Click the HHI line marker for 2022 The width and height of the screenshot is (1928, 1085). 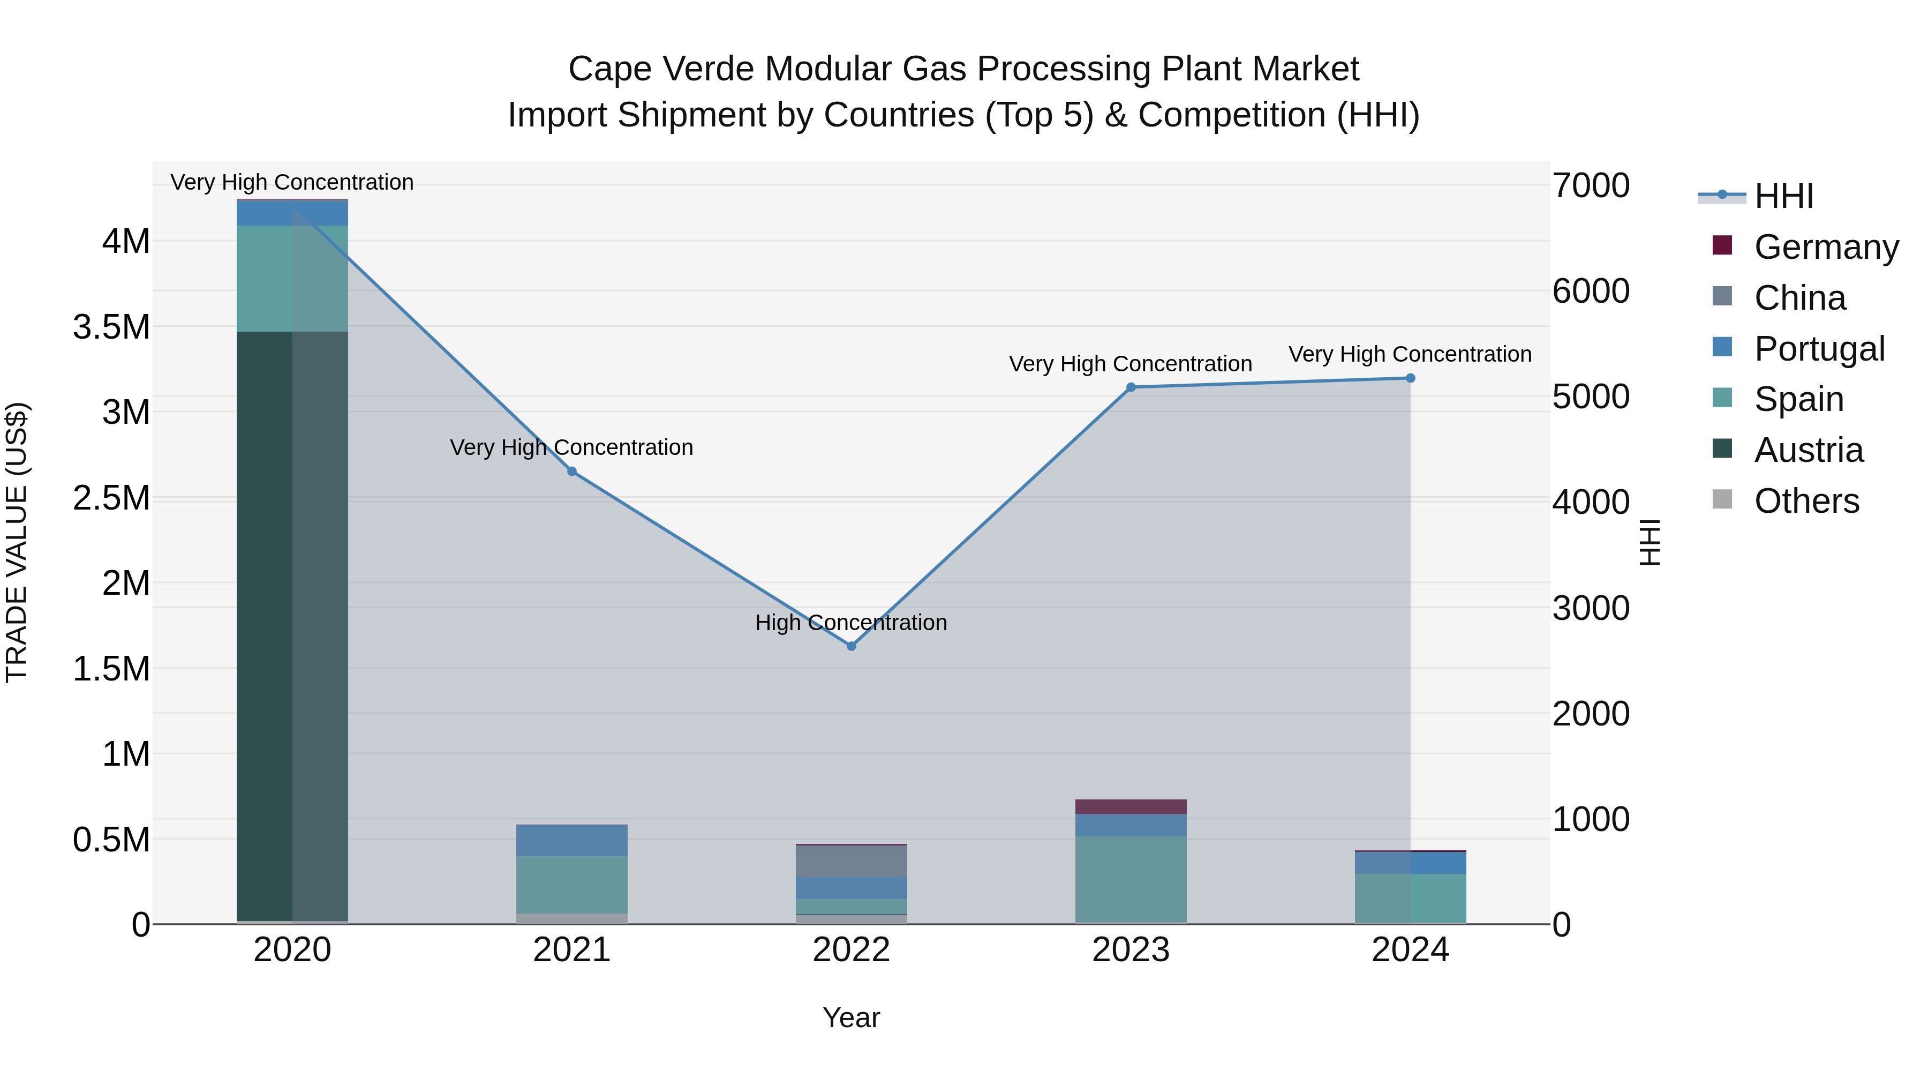click(x=851, y=646)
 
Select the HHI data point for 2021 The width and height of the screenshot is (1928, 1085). click(x=572, y=471)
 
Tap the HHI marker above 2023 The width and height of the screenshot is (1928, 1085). click(x=1131, y=387)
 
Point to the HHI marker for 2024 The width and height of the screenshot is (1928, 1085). click(x=1410, y=378)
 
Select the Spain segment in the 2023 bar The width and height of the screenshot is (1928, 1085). click(x=1131, y=878)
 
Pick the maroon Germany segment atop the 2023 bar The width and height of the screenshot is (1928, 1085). click(x=1131, y=806)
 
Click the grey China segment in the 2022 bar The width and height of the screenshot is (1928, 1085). click(x=851, y=861)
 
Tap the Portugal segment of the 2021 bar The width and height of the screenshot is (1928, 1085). click(x=572, y=840)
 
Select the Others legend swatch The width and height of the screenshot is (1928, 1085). click(x=1722, y=499)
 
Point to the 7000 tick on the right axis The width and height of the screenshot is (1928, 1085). click(x=1591, y=186)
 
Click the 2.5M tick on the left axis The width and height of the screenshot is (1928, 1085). click(x=111, y=498)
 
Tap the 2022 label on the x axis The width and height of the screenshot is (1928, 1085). click(x=851, y=950)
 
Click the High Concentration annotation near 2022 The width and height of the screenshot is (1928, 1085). click(x=851, y=622)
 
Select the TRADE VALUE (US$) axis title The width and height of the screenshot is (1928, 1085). click(x=17, y=542)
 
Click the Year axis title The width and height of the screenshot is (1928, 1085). click(x=851, y=1017)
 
